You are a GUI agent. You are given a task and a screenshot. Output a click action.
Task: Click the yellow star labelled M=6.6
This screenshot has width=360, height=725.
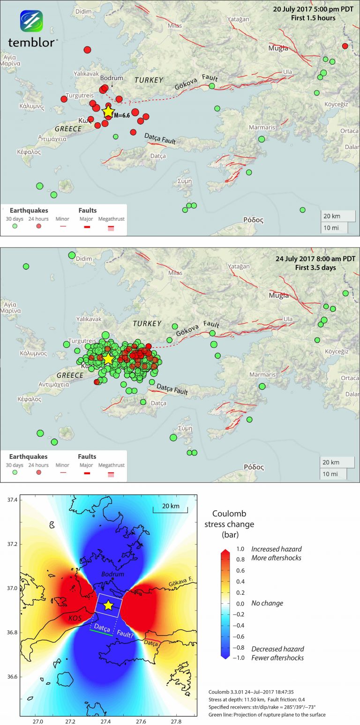point(108,112)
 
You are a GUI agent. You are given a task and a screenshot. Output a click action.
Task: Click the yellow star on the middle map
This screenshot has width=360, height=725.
point(108,359)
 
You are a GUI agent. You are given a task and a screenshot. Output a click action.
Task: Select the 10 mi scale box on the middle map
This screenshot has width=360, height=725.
point(333,474)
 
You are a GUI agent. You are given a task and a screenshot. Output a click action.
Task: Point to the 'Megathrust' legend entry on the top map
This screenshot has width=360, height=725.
point(112,219)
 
